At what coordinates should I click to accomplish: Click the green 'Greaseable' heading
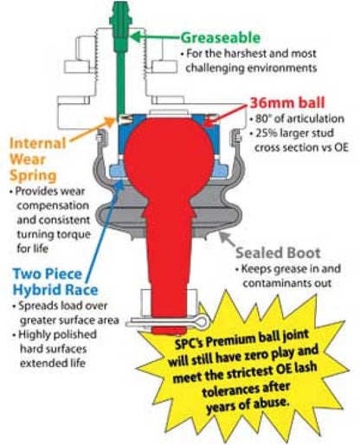(x=221, y=38)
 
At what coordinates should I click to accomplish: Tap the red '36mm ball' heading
(x=287, y=103)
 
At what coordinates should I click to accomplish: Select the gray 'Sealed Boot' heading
(x=278, y=253)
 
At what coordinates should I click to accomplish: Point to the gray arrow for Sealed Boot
(x=228, y=239)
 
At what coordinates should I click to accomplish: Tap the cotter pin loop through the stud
(x=201, y=321)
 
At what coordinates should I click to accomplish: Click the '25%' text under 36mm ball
(x=266, y=133)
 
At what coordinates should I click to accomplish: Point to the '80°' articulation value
(x=262, y=119)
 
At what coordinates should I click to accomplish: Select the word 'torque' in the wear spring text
(x=75, y=235)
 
